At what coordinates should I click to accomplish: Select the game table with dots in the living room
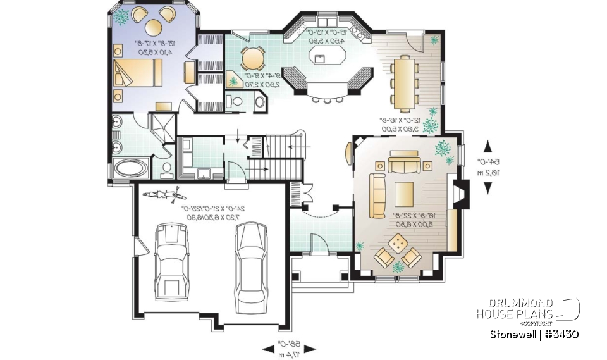pos(398,243)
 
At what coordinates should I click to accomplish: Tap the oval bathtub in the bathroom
pos(132,169)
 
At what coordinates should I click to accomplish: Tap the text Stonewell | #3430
pos(534,333)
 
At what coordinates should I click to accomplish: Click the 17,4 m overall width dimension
pos(290,348)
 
